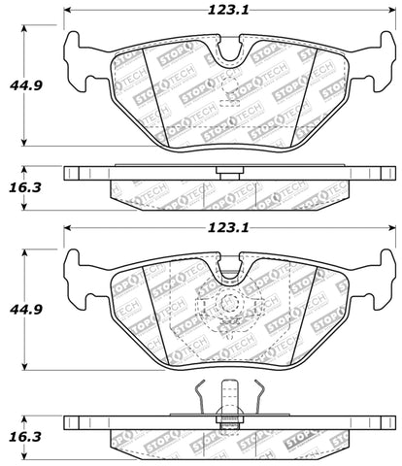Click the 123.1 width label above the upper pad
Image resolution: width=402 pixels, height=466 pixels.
228,11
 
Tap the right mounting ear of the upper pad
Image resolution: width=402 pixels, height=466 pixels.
384,58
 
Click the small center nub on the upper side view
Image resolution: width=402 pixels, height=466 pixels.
230,176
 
